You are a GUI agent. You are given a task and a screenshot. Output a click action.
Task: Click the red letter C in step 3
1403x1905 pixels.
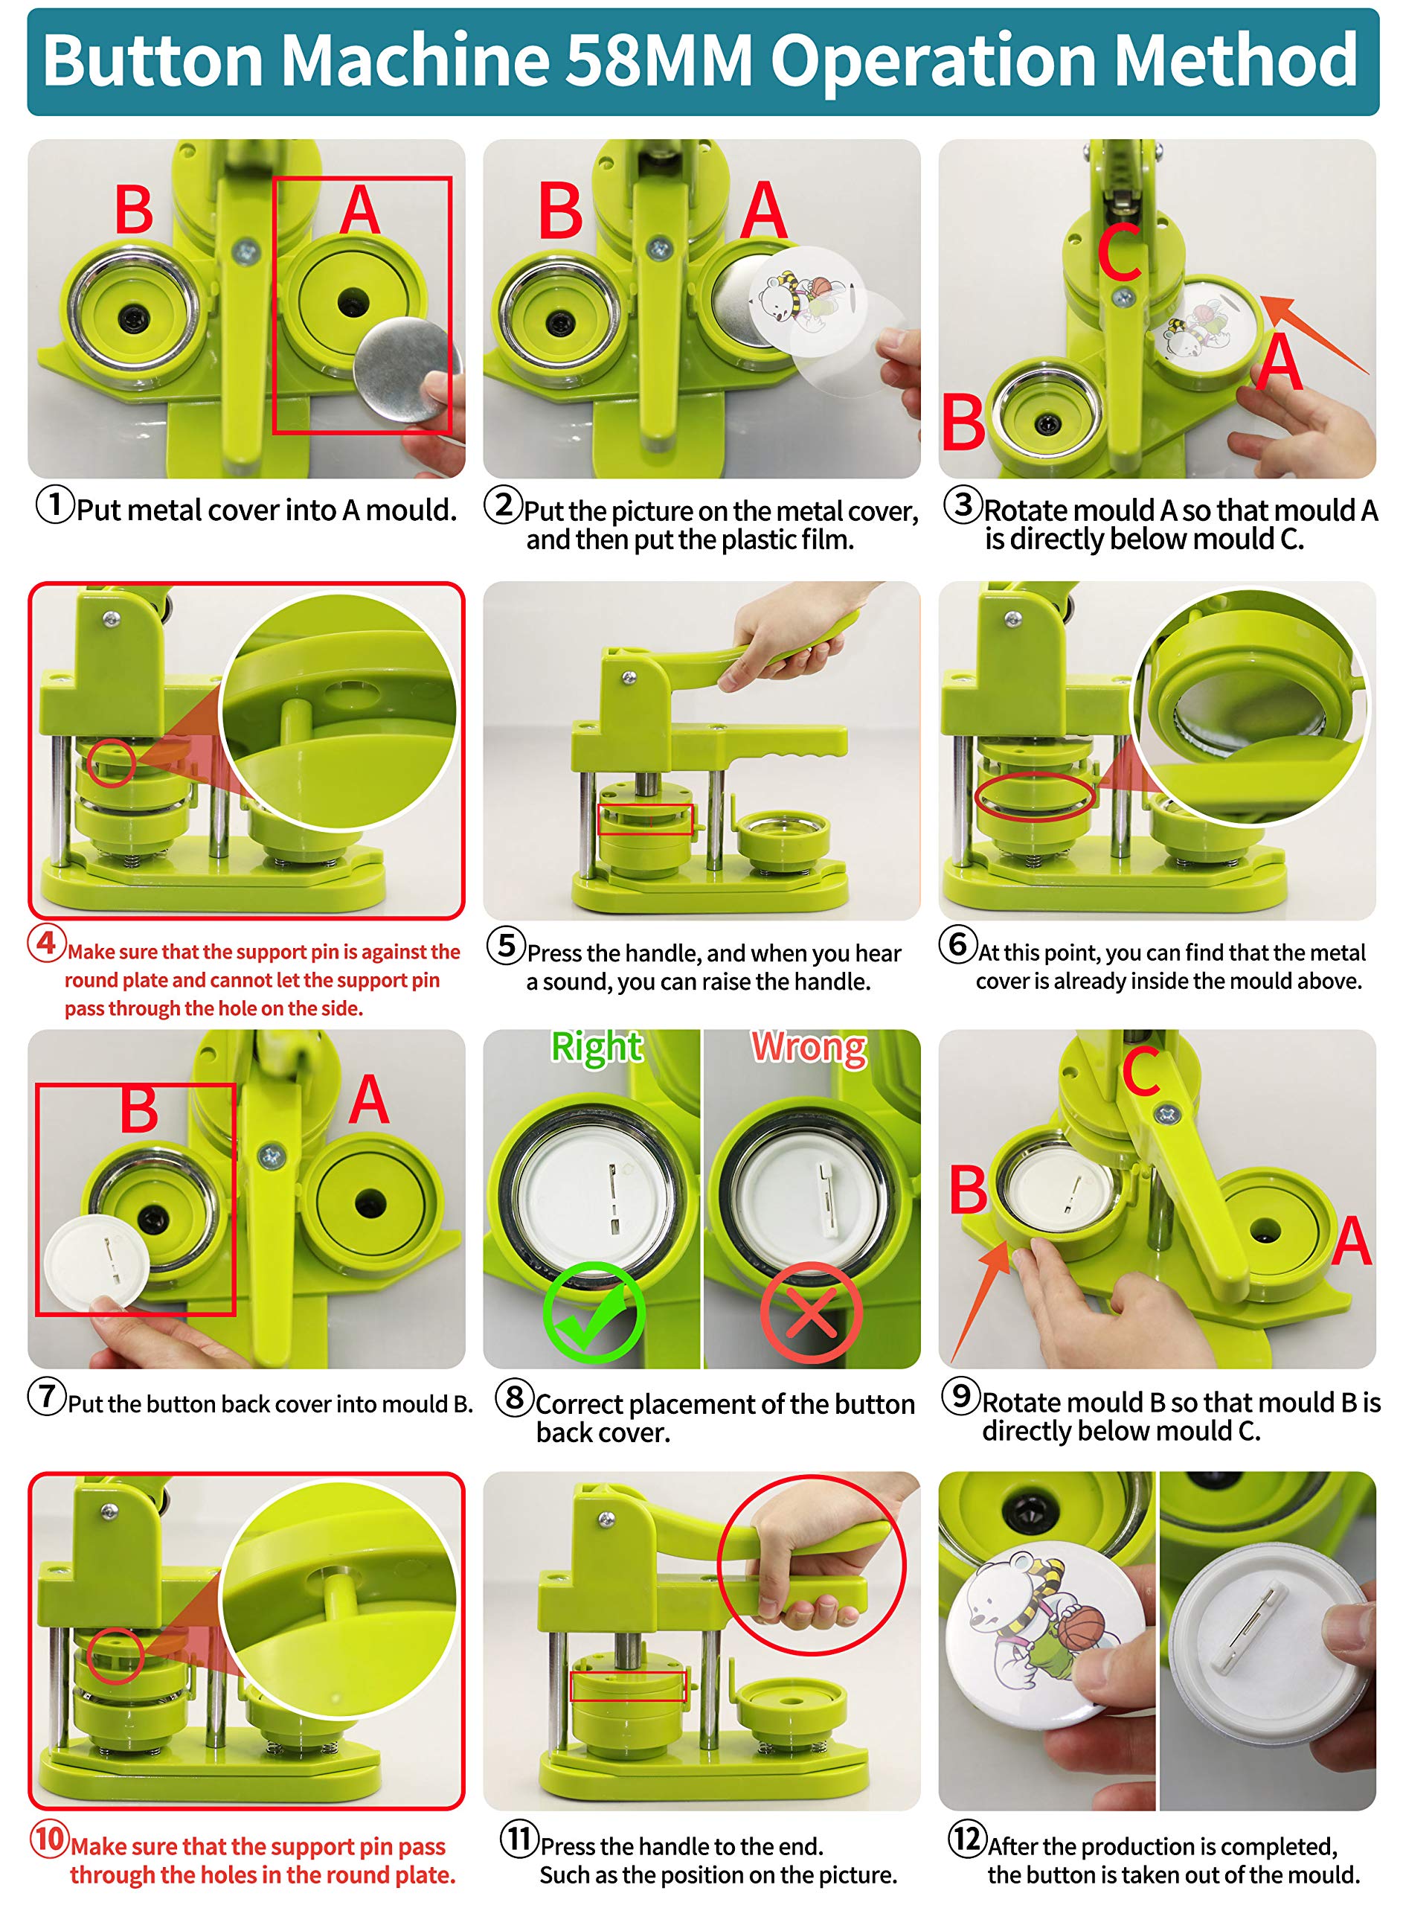1119,252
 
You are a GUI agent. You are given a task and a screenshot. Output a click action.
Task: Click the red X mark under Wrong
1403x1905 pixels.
811,1312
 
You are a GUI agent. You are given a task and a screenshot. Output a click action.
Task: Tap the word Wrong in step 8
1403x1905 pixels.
809,1048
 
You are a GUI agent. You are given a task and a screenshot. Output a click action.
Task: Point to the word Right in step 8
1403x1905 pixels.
596,1048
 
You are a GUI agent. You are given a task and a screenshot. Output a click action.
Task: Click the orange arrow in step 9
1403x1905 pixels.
981,1299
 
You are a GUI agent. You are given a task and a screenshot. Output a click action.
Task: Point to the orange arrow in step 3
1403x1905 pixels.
1314,334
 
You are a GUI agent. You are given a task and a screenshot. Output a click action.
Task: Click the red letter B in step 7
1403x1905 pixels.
138,1110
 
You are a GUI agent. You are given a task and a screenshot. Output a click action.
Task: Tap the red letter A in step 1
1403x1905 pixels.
359,209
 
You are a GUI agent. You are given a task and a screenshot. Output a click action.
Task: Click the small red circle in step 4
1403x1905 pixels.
112,763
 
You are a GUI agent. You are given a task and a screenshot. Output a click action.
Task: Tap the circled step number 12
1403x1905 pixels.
967,1838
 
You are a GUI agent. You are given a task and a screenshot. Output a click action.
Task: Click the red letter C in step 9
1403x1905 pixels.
1140,1071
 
